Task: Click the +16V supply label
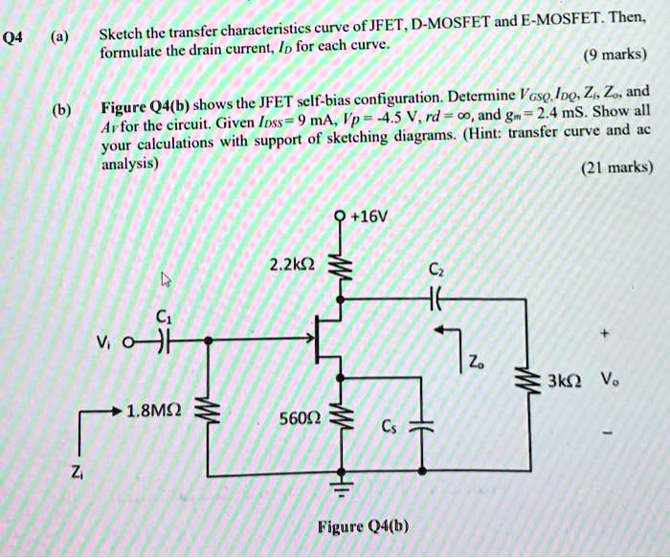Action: click(x=368, y=217)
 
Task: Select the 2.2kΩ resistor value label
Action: click(x=293, y=265)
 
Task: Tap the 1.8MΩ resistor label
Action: click(x=154, y=411)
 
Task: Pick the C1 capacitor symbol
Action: click(x=164, y=342)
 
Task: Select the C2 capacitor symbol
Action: click(x=435, y=299)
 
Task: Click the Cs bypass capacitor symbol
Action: click(x=422, y=425)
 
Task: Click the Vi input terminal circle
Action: click(x=127, y=343)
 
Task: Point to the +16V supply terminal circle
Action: click(x=341, y=216)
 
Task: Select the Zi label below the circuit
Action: click(x=77, y=472)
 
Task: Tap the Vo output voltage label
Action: click(x=610, y=379)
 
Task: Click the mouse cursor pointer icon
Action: click(x=166, y=279)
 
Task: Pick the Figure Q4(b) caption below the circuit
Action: click(x=363, y=526)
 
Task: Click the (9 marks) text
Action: click(x=615, y=55)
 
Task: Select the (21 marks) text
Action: click(x=617, y=167)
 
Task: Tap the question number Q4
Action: click(x=11, y=38)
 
